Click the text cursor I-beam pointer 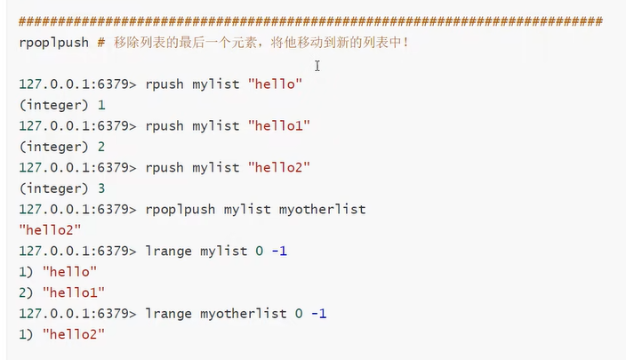click(317, 65)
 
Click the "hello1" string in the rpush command click(279, 125)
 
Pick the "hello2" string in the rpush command click(279, 167)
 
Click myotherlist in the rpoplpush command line click(322, 209)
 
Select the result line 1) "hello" click(57, 271)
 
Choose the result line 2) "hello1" click(61, 292)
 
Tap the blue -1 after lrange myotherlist click(317, 313)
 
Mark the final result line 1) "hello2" click(61, 333)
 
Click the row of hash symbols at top click(310, 20)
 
